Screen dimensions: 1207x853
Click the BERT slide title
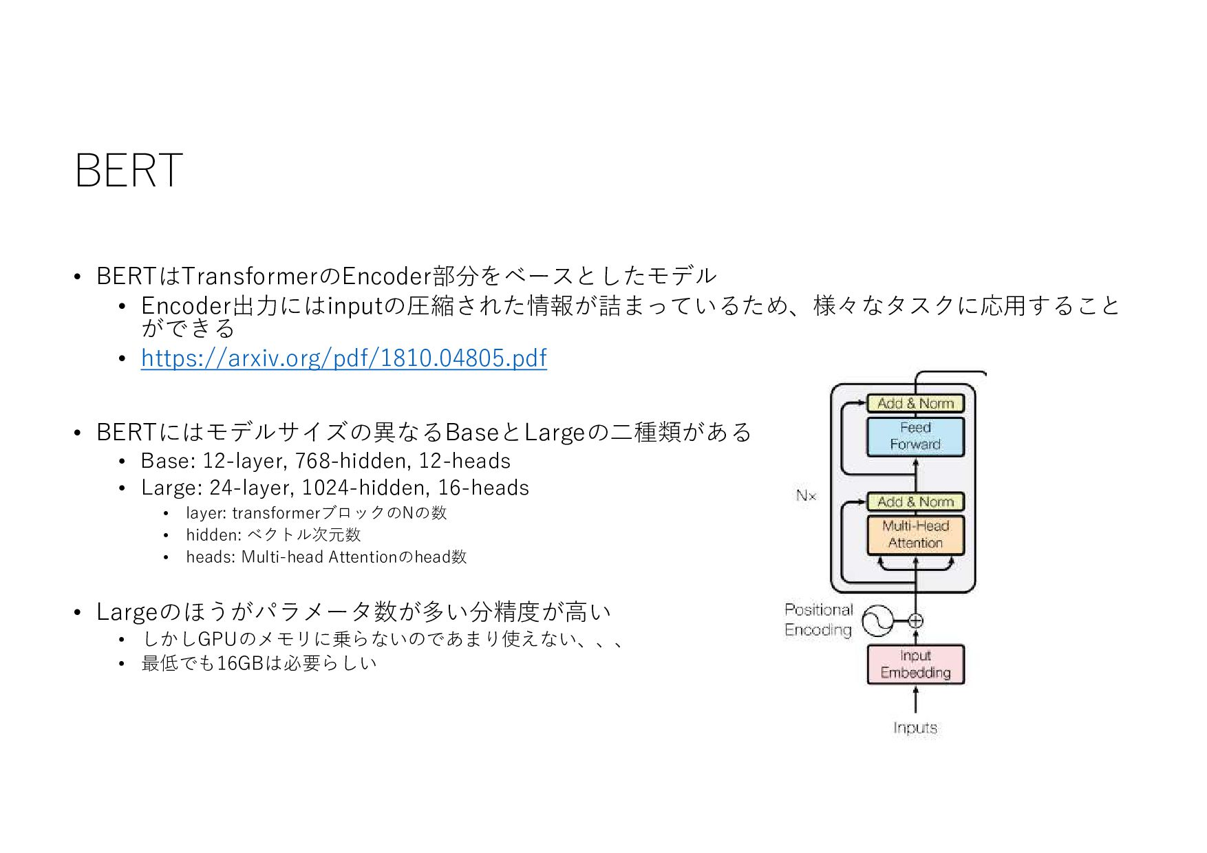pyautogui.click(x=129, y=170)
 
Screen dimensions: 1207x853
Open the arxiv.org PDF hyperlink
pyautogui.click(x=343, y=358)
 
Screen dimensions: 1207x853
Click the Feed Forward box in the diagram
pyautogui.click(x=915, y=436)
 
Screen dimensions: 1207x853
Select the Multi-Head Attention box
pyautogui.click(x=915, y=535)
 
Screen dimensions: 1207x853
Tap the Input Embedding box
pyautogui.click(x=915, y=665)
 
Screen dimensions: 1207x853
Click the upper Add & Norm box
pyautogui.click(x=915, y=403)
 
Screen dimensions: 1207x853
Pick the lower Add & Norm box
pyautogui.click(x=915, y=501)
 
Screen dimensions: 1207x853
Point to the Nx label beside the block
pyautogui.click(x=806, y=495)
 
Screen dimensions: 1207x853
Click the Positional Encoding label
pyautogui.click(x=818, y=620)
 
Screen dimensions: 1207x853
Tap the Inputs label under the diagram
pyautogui.click(x=915, y=728)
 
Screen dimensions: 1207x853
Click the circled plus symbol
pyautogui.click(x=915, y=621)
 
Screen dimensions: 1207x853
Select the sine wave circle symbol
pyautogui.click(x=878, y=621)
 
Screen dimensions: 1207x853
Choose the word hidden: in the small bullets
pyautogui.click(x=213, y=535)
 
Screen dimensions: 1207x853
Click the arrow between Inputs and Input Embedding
pyautogui.click(x=915, y=700)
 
